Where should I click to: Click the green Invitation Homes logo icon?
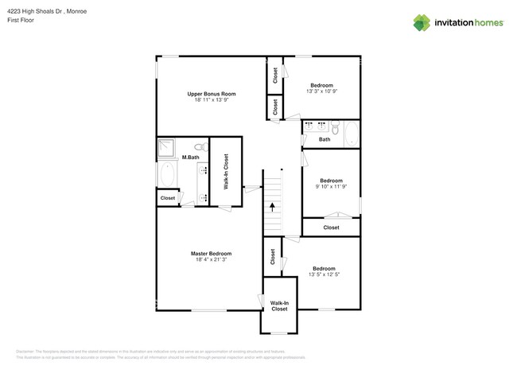[422, 22]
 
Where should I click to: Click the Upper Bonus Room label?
[211, 94]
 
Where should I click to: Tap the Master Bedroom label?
[211, 253]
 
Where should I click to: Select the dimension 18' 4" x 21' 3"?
[211, 260]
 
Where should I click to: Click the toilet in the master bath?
[200, 146]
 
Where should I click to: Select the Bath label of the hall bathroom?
[325, 140]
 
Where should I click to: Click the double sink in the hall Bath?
[317, 126]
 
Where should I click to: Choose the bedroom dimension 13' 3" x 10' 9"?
[321, 91]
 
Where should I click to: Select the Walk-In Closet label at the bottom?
[279, 306]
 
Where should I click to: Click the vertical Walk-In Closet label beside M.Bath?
[226, 169]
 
